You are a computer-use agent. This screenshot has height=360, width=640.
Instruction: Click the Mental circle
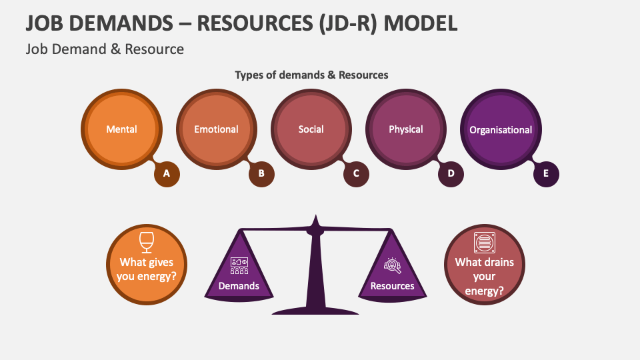(x=121, y=129)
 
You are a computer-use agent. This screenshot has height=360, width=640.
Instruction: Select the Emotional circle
(x=216, y=129)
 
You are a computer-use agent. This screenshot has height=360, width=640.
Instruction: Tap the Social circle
(x=311, y=129)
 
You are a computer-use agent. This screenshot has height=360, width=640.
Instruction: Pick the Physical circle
(x=405, y=129)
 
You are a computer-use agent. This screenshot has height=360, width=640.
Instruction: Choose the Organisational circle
(x=500, y=129)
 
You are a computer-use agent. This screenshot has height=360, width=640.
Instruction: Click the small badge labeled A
(x=167, y=174)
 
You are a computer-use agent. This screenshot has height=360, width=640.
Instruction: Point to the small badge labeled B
(x=262, y=174)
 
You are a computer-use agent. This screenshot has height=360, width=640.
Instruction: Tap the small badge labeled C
(x=357, y=174)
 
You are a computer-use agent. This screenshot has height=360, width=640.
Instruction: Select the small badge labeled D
(x=451, y=174)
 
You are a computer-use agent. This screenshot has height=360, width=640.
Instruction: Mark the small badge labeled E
(x=546, y=174)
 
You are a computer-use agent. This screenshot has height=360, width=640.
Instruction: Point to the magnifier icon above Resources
(x=392, y=265)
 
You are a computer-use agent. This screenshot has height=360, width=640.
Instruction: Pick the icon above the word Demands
(x=239, y=265)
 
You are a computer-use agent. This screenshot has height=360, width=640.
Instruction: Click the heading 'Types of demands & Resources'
(x=311, y=75)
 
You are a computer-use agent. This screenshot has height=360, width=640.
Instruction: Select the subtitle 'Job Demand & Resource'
(x=105, y=49)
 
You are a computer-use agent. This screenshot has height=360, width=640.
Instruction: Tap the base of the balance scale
(x=315, y=310)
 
